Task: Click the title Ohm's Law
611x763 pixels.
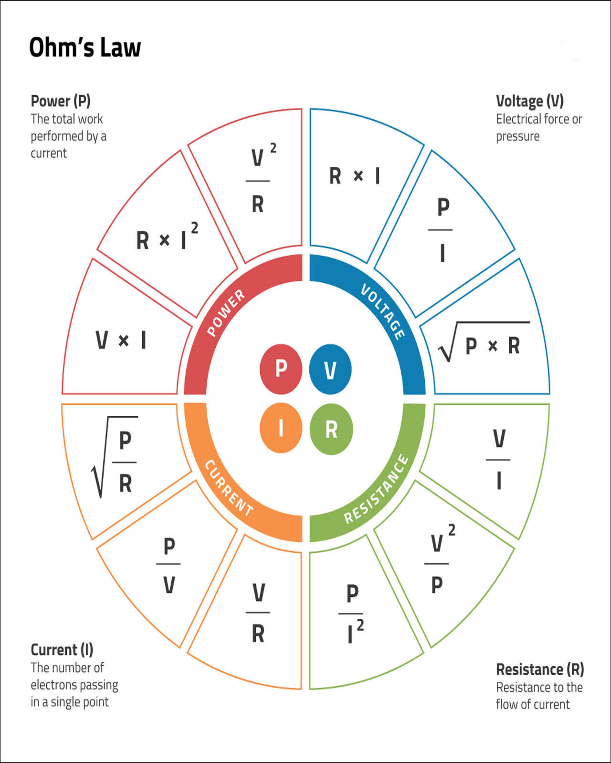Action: coord(85,47)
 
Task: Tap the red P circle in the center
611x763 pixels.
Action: coord(281,369)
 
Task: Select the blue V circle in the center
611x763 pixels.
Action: coord(330,369)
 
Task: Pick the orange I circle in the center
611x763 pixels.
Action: coord(281,428)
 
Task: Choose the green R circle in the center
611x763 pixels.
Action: coord(331,429)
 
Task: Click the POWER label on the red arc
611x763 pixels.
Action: coord(226,312)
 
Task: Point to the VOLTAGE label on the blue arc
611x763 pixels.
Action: coord(383,312)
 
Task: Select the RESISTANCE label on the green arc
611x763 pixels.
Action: coord(376,489)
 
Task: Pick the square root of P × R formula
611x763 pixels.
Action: coord(484,342)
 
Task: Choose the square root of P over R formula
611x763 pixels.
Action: coord(114,457)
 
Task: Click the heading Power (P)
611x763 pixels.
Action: coord(61,101)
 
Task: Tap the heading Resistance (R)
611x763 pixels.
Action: coord(540,670)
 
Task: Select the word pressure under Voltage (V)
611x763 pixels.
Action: coord(517,136)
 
